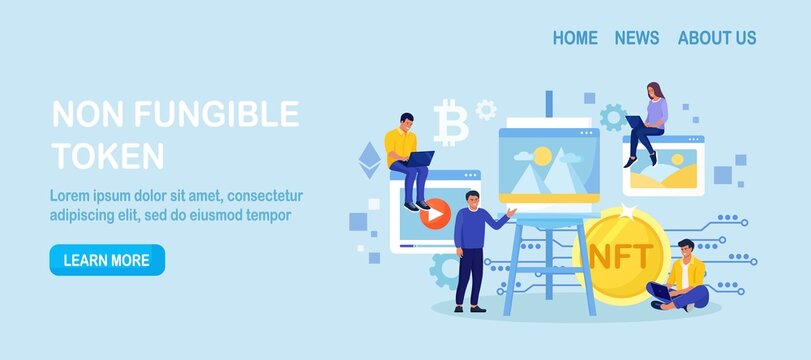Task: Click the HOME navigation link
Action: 575,38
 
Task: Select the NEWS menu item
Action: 637,38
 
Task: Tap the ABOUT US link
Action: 717,38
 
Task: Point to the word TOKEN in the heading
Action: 107,155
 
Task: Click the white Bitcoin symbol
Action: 452,124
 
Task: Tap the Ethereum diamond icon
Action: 371,155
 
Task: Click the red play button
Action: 433,212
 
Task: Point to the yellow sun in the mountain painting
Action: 542,155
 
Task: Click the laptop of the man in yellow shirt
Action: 420,157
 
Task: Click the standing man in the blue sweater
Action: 469,250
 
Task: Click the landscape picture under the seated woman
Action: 663,177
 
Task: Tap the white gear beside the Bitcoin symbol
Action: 486,108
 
